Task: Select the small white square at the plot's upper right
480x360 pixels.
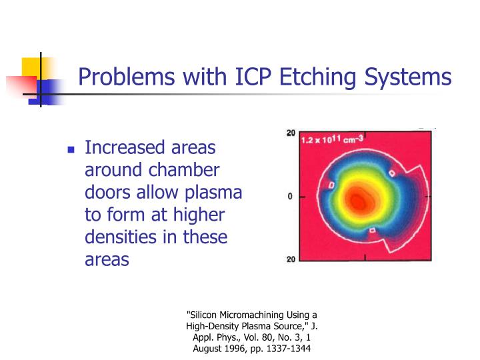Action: (x=392, y=173)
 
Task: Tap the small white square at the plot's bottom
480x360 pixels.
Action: (x=373, y=231)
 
